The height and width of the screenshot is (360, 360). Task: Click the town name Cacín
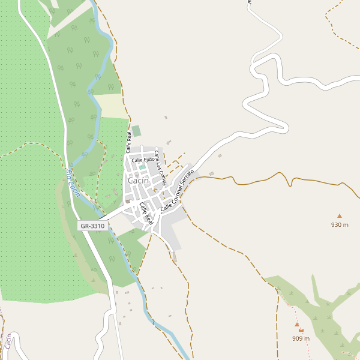[x=138, y=180]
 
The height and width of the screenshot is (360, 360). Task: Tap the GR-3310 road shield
[x=92, y=226]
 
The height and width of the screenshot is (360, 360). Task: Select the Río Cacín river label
[x=73, y=182]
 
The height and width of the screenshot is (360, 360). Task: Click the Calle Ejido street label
[x=143, y=160]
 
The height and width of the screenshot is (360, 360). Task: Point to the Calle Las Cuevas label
[x=161, y=167]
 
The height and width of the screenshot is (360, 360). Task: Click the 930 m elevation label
[x=340, y=224]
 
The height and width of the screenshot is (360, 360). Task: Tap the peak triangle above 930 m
[x=339, y=215]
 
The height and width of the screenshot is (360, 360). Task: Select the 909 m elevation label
[x=301, y=338]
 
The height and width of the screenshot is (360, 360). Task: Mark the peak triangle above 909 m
[x=296, y=325]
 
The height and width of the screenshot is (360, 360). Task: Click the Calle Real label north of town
[x=128, y=142]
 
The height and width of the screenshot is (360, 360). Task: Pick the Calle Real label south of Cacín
[x=146, y=213]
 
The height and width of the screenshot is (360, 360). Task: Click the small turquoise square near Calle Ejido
[x=142, y=167]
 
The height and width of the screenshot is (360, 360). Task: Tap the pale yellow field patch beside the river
[x=108, y=106]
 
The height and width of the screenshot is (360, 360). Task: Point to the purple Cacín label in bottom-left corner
[x=8, y=342]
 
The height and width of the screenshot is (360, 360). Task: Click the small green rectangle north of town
[x=137, y=131]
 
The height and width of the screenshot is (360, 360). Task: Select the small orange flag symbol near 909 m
[x=301, y=330]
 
